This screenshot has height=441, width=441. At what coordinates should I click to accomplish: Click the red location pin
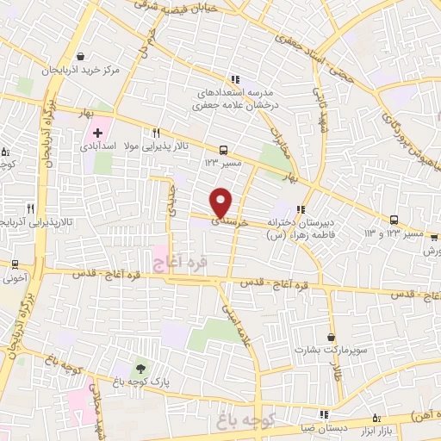pos(221,202)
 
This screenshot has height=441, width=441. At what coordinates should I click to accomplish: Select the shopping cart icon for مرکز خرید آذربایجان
pos(80,53)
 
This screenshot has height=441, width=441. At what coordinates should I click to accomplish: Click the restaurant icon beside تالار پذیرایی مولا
pos(156,134)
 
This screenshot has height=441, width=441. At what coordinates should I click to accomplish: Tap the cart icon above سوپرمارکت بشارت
pos(332,337)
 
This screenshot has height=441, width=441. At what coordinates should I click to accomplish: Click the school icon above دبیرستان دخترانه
pos(300,208)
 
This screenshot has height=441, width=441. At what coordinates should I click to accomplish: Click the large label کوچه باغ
pos(252,422)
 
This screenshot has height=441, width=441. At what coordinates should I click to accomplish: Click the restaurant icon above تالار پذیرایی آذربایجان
pos(30,208)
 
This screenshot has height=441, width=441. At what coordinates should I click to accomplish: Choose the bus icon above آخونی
pos(15,264)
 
